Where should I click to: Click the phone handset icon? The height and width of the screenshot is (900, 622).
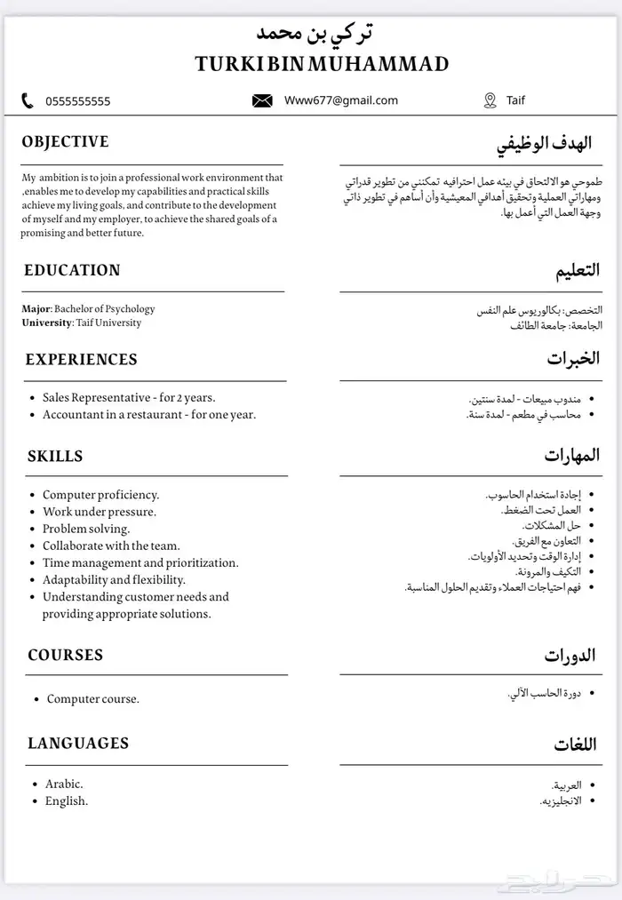(x=28, y=100)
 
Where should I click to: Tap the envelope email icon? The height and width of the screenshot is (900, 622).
(x=262, y=100)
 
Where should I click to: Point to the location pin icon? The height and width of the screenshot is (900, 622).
(x=490, y=100)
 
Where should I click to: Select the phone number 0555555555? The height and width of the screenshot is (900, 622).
(x=78, y=101)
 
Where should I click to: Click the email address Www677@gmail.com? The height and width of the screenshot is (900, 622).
(x=341, y=100)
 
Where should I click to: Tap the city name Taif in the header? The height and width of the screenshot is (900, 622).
(x=516, y=100)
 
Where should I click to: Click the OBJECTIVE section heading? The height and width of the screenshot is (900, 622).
(x=66, y=142)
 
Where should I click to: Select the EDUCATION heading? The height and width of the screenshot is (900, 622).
(x=72, y=270)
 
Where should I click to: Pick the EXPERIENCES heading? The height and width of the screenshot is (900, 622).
(x=81, y=360)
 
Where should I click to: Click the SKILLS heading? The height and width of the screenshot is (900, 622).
(x=55, y=457)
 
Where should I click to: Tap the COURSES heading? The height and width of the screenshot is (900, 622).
(x=66, y=656)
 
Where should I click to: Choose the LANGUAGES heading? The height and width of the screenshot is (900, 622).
(x=78, y=744)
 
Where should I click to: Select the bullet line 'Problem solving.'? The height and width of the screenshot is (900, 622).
(x=86, y=529)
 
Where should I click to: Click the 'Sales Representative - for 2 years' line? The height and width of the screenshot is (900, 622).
(x=129, y=397)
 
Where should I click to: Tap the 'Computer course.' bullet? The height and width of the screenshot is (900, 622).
(x=93, y=699)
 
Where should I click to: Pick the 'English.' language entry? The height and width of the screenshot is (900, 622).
(x=67, y=800)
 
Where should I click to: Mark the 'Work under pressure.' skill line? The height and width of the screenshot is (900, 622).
(x=100, y=512)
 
